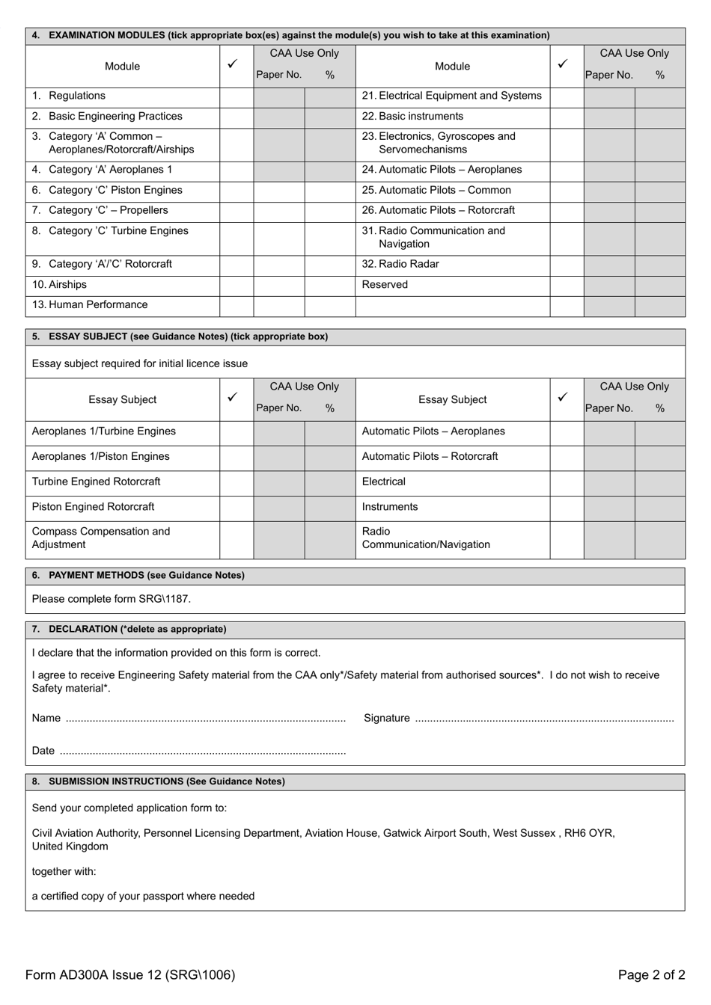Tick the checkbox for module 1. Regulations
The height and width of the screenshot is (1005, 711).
[236, 96]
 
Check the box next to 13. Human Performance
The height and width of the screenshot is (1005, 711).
[236, 305]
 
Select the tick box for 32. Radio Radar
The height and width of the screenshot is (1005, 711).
[567, 265]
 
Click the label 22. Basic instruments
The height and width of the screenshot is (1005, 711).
[412, 117]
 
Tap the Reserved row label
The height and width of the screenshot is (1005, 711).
[385, 285]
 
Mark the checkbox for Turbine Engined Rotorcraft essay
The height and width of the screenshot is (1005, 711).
[236, 482]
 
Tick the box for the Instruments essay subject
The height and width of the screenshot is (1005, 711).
[567, 507]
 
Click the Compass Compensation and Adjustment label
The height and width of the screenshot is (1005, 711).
[101, 538]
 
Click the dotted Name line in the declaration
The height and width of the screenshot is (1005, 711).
[206, 719]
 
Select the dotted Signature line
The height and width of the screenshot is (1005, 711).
[544, 719]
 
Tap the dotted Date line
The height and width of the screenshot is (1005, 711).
[202, 752]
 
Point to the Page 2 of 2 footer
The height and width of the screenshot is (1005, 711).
[651, 974]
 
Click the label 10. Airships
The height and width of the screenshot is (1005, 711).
[60, 285]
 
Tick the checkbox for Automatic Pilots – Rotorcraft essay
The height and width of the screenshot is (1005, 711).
[567, 457]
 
